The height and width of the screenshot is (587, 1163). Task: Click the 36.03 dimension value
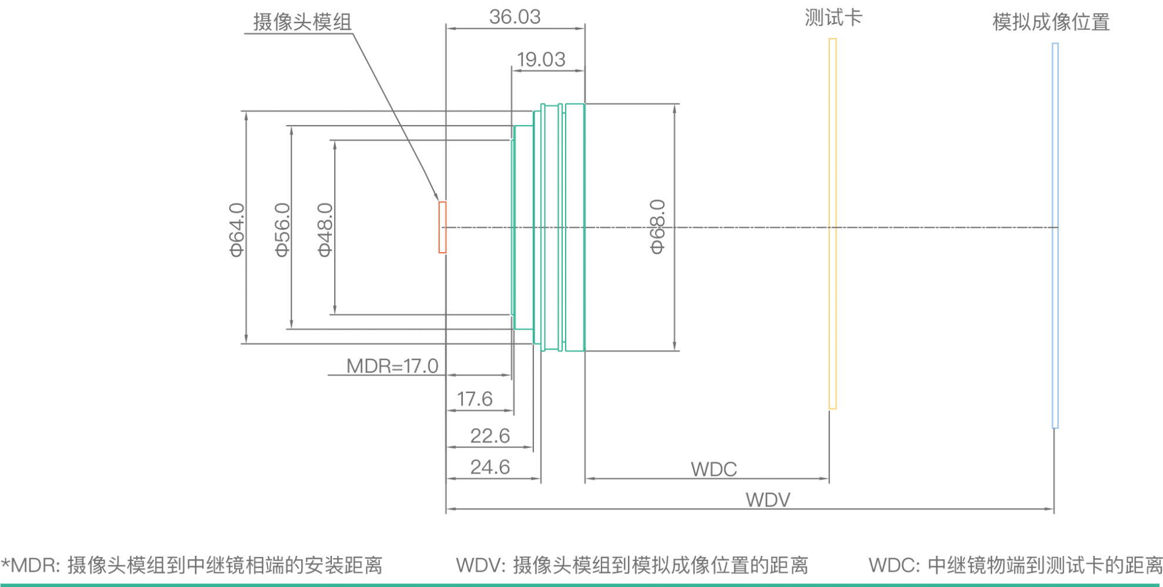click(515, 17)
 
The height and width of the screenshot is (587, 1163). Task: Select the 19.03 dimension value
click(541, 59)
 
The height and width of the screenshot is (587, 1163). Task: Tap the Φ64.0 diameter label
click(237, 229)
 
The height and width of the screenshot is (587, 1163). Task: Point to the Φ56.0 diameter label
click(283, 229)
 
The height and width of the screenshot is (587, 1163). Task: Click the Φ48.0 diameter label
click(325, 229)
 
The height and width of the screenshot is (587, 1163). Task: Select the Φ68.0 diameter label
click(657, 227)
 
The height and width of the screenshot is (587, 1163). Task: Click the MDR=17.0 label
click(392, 366)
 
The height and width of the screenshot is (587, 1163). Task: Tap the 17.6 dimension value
click(475, 399)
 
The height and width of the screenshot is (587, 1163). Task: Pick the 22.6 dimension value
click(490, 436)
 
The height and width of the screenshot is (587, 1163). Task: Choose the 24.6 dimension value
click(490, 467)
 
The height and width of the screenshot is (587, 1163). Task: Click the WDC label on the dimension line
click(714, 469)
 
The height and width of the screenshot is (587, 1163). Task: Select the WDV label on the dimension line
click(768, 500)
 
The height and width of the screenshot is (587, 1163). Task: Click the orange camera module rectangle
click(442, 227)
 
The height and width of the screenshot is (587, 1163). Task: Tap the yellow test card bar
click(832, 223)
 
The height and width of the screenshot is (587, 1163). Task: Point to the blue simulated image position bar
click(1055, 235)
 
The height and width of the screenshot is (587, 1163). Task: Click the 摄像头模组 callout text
click(302, 22)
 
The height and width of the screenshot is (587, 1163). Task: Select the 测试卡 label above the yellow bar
click(833, 18)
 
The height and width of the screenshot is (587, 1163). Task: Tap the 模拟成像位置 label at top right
click(1051, 22)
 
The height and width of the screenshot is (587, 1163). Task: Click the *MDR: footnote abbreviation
click(31, 565)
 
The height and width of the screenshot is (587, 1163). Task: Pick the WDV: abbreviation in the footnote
click(480, 565)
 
